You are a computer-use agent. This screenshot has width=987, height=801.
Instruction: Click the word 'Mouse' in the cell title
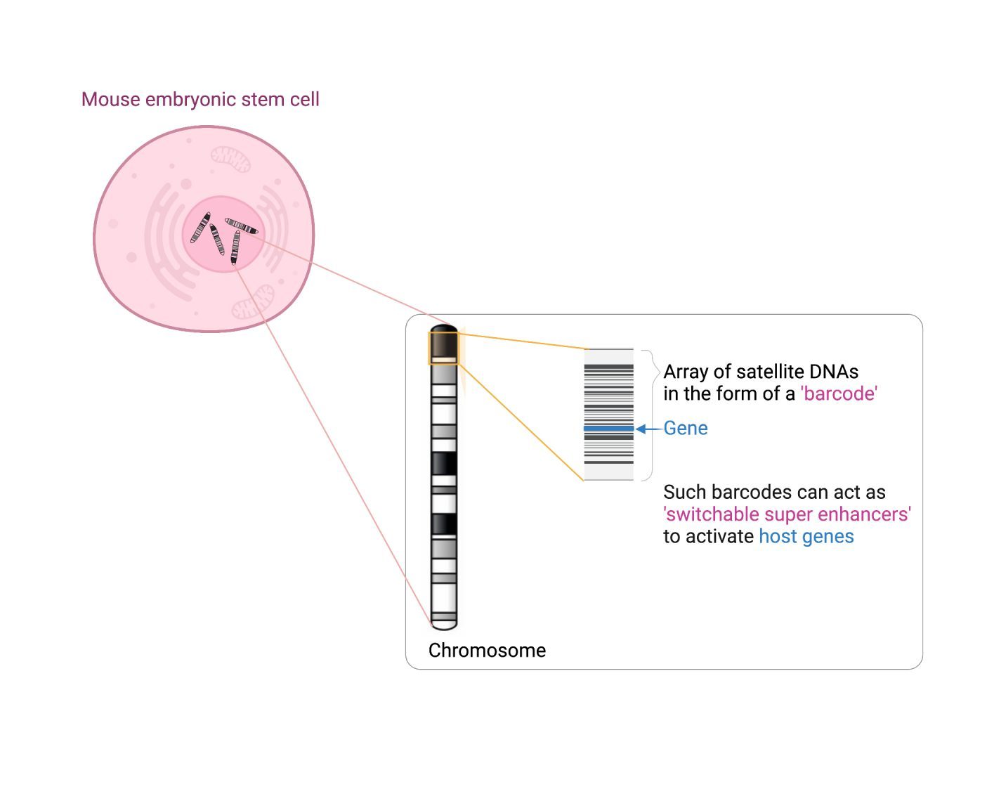point(111,99)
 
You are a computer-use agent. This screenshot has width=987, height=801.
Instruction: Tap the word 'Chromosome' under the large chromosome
point(487,650)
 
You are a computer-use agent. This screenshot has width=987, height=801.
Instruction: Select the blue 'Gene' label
point(686,428)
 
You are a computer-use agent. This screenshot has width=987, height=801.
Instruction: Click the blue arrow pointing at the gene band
point(648,429)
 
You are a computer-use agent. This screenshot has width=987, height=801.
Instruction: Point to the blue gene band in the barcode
point(608,429)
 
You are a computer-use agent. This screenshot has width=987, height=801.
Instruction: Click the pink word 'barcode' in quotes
point(839,393)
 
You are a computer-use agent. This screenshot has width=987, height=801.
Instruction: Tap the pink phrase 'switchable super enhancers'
point(787,514)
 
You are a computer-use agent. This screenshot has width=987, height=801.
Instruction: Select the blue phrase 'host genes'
point(806,536)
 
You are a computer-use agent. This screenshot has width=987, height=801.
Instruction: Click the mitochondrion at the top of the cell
point(230,159)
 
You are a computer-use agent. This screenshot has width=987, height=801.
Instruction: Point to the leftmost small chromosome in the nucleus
point(200,228)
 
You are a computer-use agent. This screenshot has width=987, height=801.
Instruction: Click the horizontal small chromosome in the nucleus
point(242,226)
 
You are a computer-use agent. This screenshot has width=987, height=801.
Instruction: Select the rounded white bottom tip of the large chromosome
point(444,625)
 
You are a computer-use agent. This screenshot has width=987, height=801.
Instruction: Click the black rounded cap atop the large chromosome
point(444,328)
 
